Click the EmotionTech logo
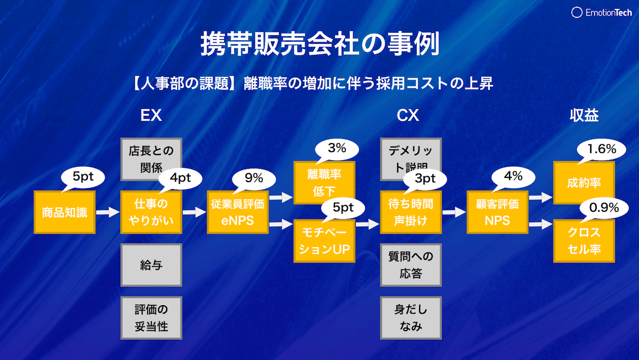point(602,13)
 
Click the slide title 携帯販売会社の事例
point(319,45)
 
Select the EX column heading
point(151,116)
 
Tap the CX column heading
point(408,116)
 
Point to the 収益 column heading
point(584,116)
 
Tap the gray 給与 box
point(151,265)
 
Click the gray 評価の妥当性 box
point(151,318)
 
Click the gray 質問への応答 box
point(411,265)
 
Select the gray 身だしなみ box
point(411,318)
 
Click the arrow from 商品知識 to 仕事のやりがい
point(108,212)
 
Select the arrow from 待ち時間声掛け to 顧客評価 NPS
point(454,212)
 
